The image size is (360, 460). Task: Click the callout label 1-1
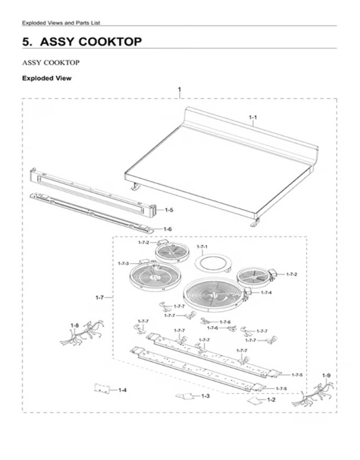253,117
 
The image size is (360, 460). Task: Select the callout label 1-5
169,210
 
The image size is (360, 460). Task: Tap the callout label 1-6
167,229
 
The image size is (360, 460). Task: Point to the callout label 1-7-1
202,247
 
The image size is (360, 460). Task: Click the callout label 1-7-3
123,263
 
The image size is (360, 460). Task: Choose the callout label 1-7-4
266,293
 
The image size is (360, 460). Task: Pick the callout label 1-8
75,326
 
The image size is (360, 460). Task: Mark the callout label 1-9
327,376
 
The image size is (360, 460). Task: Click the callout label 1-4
123,390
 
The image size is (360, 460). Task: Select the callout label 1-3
206,396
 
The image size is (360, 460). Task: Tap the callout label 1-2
271,400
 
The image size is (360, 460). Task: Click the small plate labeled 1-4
102,389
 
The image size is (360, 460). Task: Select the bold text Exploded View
47,78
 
